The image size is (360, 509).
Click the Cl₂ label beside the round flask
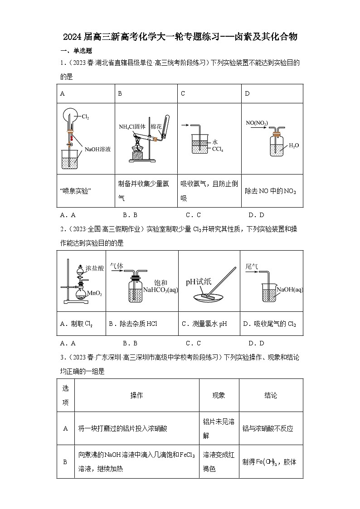point(85,117)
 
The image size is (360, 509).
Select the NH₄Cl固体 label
point(132,126)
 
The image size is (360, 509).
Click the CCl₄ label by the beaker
point(218,149)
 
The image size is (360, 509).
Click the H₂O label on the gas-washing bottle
point(294,145)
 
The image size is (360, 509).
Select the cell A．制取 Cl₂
point(76,324)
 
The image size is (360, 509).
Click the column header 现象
point(219,395)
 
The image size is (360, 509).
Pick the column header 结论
point(271,395)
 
